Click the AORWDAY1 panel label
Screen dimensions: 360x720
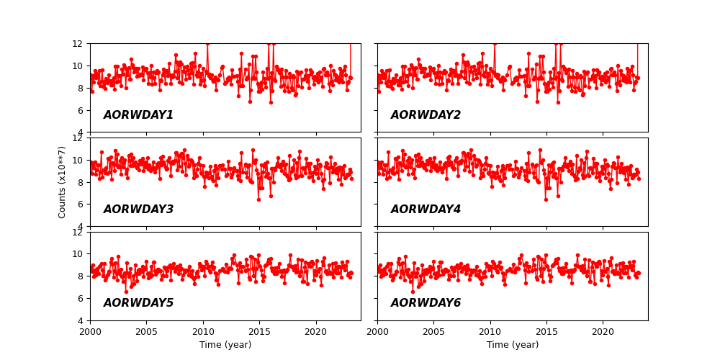click(x=138, y=115)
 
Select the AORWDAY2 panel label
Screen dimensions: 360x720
click(x=426, y=115)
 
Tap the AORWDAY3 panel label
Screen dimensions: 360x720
click(x=138, y=210)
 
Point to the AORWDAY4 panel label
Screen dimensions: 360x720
click(x=426, y=210)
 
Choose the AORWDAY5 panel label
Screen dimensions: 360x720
click(x=138, y=303)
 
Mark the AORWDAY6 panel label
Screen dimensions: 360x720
click(x=426, y=303)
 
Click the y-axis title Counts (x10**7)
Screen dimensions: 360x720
click(x=63, y=182)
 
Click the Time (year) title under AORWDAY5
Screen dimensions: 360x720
click(x=225, y=345)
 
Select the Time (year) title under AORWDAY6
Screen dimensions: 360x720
click(x=513, y=345)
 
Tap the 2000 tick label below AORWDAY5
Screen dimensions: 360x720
click(x=90, y=332)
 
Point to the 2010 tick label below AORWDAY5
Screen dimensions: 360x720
click(x=202, y=332)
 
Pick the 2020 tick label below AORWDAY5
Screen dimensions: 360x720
click(x=315, y=332)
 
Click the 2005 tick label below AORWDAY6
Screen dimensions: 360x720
click(x=433, y=332)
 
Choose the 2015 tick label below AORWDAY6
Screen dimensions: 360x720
click(x=546, y=332)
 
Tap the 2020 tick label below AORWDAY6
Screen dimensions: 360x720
click(x=603, y=332)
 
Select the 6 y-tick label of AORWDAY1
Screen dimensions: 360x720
click(x=81, y=110)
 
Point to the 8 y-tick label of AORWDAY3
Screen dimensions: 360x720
click(x=81, y=182)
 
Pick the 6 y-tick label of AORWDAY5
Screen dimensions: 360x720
click(x=81, y=298)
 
